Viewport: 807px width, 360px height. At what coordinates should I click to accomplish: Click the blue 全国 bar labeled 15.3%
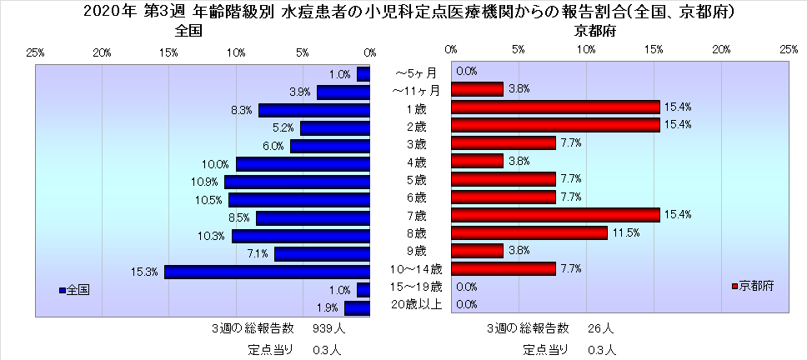(x=267, y=272)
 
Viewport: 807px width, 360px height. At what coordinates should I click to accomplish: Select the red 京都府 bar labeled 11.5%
(x=529, y=232)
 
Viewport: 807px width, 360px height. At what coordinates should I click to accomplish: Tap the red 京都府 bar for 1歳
(x=554, y=107)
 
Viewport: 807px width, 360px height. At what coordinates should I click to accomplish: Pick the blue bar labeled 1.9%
(x=357, y=308)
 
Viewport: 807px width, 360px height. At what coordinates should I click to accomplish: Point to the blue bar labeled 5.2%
(x=335, y=128)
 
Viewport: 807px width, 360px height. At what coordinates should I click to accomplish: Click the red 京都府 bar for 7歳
(x=554, y=215)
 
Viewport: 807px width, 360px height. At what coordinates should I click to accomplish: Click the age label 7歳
(x=415, y=215)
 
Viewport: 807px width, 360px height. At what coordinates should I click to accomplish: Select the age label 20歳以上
(x=415, y=304)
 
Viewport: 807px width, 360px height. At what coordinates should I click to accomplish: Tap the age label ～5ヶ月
(x=415, y=72)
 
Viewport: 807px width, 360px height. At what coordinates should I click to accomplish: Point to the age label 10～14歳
(x=415, y=268)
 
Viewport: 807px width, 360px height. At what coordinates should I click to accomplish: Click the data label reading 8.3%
(x=242, y=110)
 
